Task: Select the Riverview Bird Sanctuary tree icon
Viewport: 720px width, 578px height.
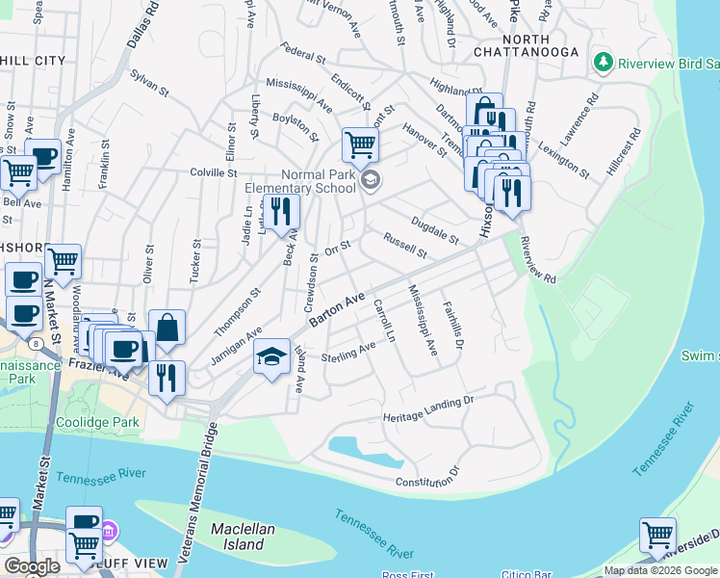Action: click(604, 63)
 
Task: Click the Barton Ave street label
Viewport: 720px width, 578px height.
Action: click(338, 310)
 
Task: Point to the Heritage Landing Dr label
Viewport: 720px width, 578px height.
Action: click(428, 408)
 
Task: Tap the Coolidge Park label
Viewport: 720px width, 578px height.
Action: click(97, 422)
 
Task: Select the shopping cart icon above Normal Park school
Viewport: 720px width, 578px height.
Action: click(360, 145)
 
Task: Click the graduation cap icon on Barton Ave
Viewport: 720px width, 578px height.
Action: click(272, 357)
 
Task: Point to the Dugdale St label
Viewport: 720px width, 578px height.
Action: click(434, 230)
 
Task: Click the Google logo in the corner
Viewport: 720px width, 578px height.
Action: click(32, 565)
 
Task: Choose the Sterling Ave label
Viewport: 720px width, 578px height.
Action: click(348, 353)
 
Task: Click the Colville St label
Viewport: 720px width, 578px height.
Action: click(213, 173)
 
